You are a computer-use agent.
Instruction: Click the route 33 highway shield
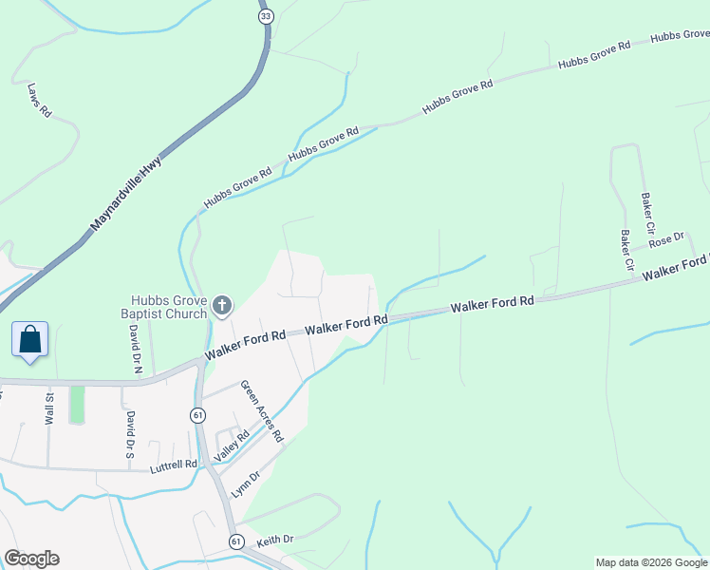point(266,16)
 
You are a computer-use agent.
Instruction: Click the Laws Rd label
point(39,99)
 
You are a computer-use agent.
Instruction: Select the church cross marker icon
point(221,305)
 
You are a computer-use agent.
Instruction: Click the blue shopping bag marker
point(29,339)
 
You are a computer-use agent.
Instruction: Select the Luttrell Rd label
point(173,467)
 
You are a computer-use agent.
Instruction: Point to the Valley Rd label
point(233,446)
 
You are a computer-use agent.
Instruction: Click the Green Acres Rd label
point(262,412)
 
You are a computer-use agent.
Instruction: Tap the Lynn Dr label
point(246,485)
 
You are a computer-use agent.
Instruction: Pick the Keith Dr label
point(274,539)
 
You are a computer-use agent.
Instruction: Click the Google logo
point(31,559)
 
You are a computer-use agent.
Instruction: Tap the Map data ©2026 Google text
point(651,562)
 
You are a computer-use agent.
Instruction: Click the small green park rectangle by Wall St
point(77,405)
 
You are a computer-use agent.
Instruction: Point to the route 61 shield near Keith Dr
point(235,541)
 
